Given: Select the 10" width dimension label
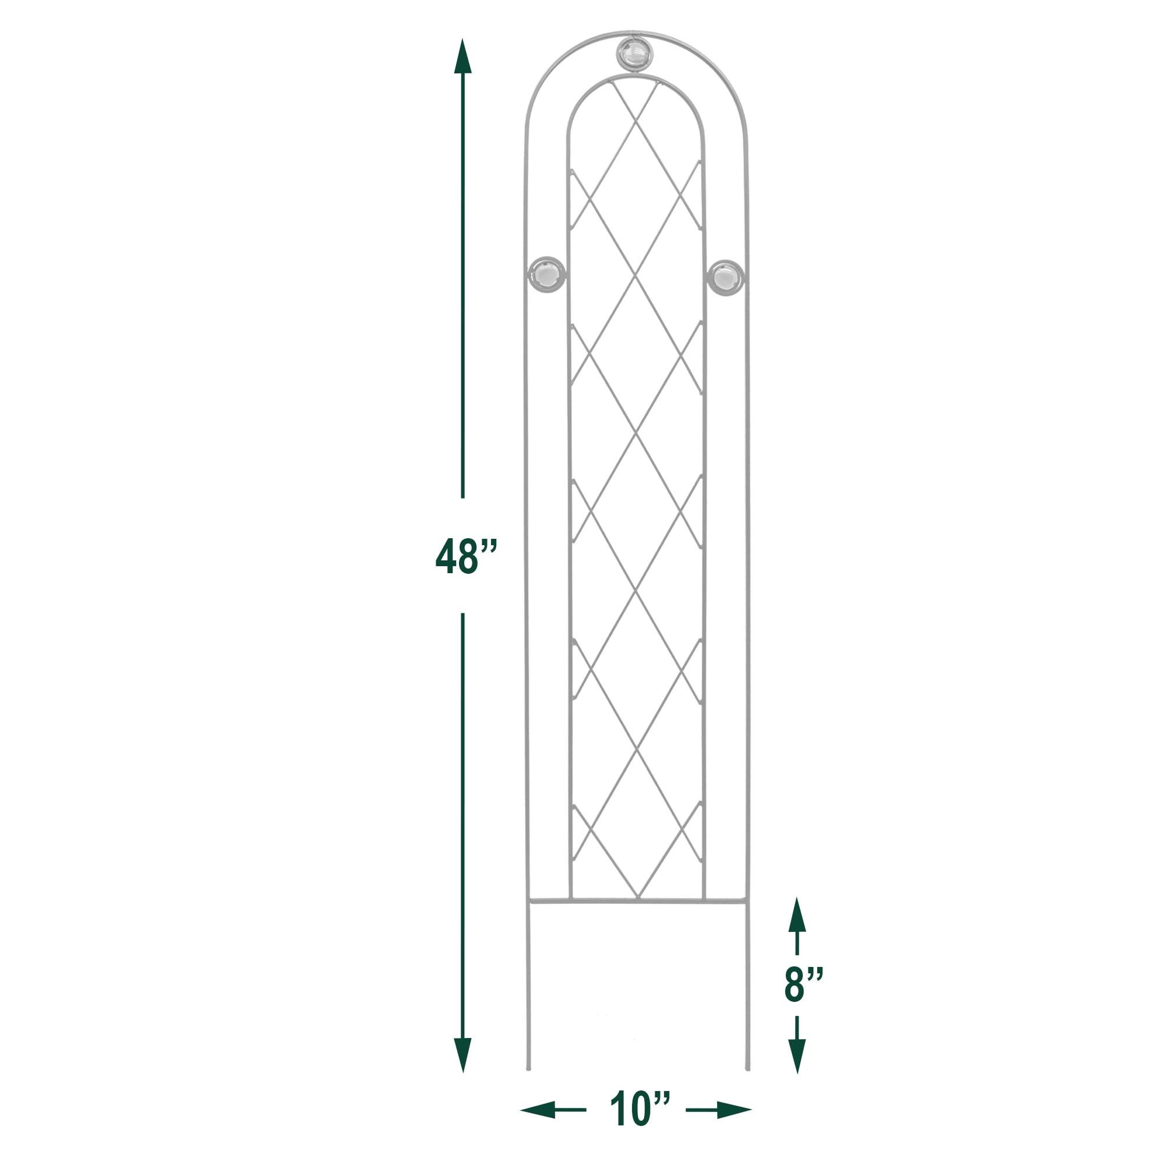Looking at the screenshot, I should pyautogui.click(x=639, y=1108).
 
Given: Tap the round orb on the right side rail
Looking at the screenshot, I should pyautogui.click(x=725, y=278).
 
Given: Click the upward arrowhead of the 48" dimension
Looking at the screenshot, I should pyautogui.click(x=463, y=57).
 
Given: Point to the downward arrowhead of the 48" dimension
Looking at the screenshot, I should pyautogui.click(x=463, y=1055).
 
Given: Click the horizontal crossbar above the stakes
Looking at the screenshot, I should pyautogui.click(x=637, y=903).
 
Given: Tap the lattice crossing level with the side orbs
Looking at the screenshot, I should pyautogui.click(x=635, y=277).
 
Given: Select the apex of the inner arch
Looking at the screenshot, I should pyautogui.click(x=635, y=76).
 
